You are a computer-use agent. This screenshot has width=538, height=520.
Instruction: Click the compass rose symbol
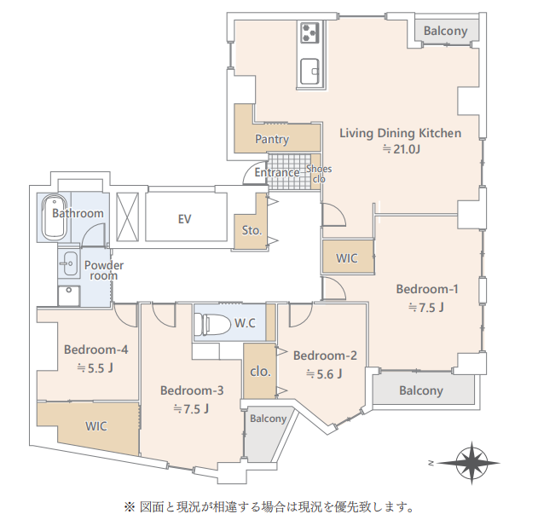[x=471, y=463]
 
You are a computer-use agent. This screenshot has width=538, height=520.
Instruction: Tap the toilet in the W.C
[x=212, y=324]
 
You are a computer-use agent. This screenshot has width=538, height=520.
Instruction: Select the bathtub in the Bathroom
[x=54, y=217]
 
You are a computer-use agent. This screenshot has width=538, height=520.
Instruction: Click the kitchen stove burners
[x=309, y=32]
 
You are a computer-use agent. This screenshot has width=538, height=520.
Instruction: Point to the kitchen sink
[x=309, y=72]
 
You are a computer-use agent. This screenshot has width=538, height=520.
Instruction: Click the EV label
[x=185, y=219]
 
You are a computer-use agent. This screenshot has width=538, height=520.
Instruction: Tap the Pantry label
[x=272, y=139]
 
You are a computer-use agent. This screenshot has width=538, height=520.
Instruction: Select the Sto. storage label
[x=252, y=230]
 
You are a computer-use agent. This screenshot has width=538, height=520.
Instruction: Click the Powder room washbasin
[x=70, y=263]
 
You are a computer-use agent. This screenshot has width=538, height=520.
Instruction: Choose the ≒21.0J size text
[x=401, y=149]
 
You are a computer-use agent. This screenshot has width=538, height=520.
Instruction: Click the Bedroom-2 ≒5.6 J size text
[x=324, y=374]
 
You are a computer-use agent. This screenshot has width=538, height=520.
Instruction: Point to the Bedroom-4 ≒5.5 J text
[x=95, y=368]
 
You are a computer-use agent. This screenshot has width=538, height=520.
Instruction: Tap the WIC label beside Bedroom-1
[x=346, y=258]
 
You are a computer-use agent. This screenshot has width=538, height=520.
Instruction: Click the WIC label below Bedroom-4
[x=96, y=426]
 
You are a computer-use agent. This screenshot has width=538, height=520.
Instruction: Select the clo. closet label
[x=260, y=372]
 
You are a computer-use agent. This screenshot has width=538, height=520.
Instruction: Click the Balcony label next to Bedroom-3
[x=268, y=419]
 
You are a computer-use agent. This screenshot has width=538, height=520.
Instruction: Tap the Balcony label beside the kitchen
[x=445, y=31]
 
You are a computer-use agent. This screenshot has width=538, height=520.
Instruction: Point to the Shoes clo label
[x=319, y=174]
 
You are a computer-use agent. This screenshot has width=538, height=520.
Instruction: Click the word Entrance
[x=277, y=172]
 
